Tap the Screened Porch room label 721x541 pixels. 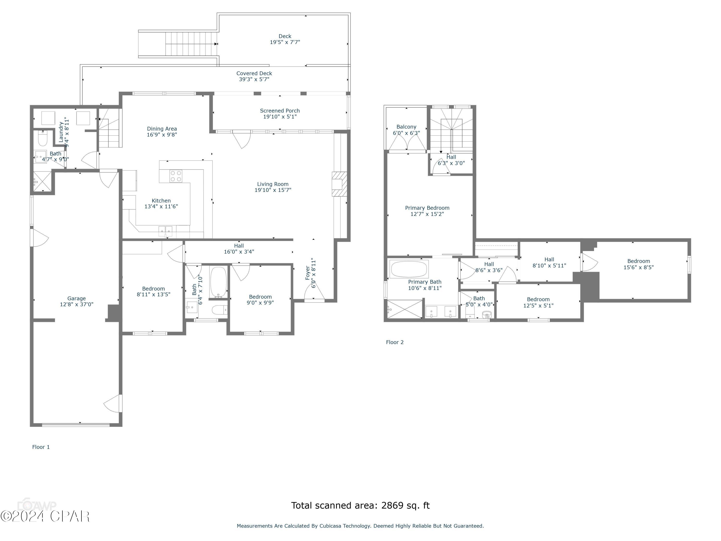point(280,111)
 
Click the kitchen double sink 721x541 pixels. point(166,231)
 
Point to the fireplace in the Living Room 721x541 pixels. point(339,184)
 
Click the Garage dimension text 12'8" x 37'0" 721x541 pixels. point(77,304)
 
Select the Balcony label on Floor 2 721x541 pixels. point(406,127)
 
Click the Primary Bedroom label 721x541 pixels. point(427,208)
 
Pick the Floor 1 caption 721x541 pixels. point(41,447)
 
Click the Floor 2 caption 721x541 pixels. point(395,342)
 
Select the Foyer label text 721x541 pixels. point(308,273)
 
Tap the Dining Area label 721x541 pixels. point(162,129)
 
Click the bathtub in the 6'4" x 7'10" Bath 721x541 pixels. point(218,282)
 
